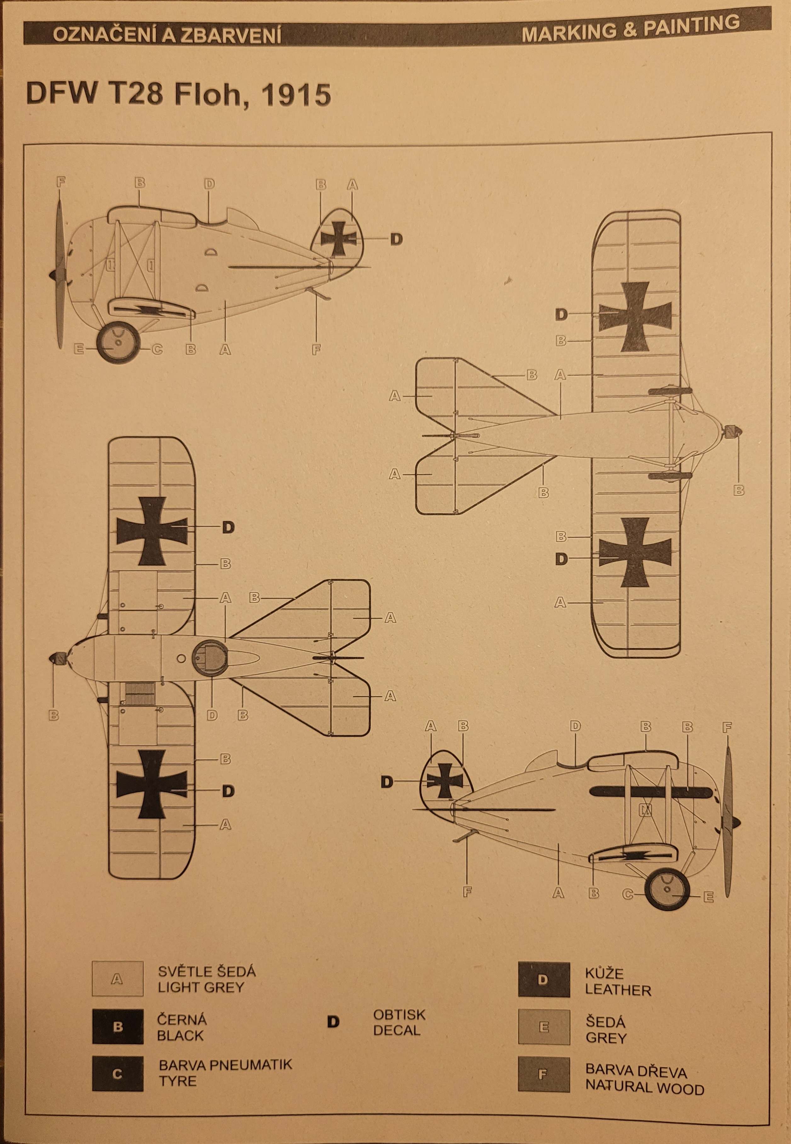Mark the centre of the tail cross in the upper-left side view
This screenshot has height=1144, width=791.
point(339,239)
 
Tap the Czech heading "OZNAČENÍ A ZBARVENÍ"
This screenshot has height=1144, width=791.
point(168,36)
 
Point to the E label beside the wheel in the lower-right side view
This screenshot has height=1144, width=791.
point(708,897)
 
